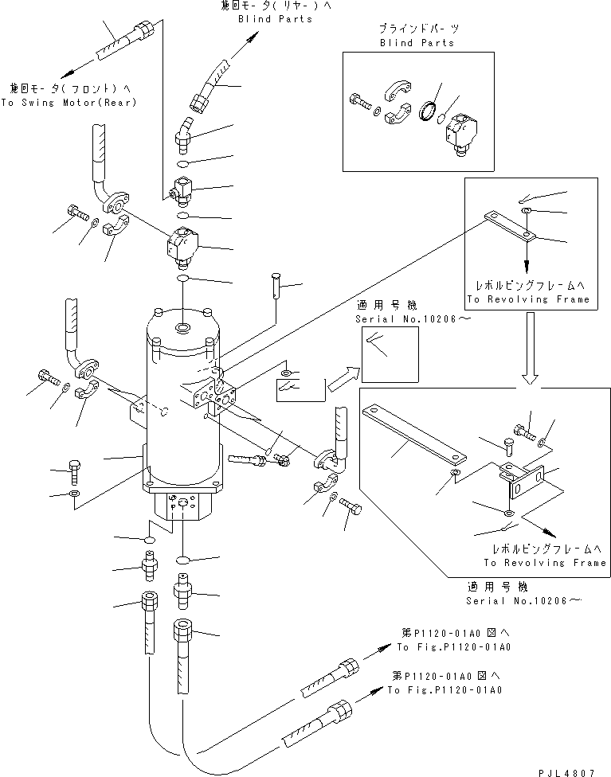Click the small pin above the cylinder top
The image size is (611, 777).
pos(276,284)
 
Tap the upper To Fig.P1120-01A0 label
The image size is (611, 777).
pos(453,646)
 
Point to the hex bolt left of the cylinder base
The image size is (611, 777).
pos(75,471)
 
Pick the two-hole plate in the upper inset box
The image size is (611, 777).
pos(510,225)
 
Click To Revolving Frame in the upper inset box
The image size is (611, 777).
pos(528,299)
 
